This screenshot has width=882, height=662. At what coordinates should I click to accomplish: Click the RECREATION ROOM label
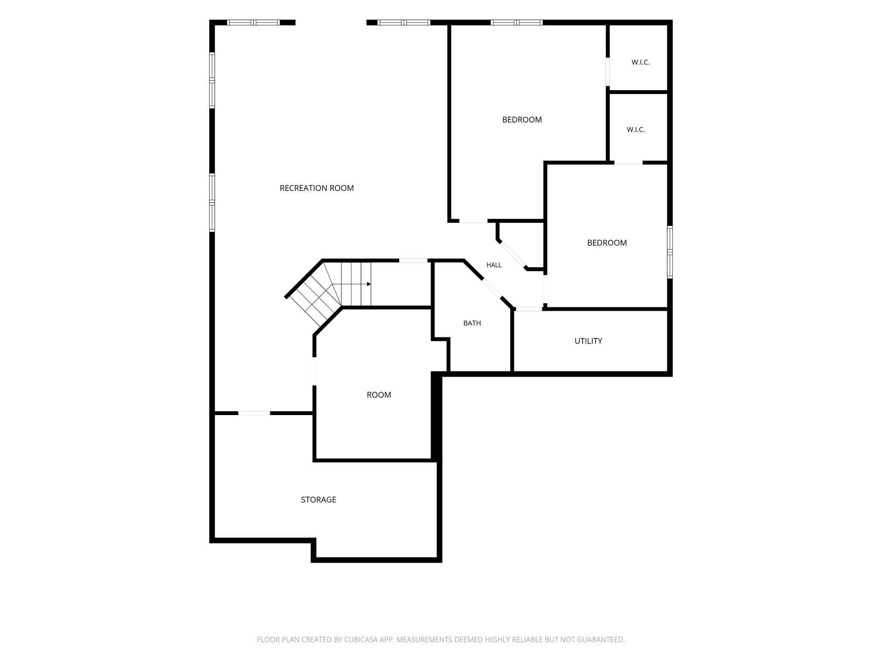tap(317, 188)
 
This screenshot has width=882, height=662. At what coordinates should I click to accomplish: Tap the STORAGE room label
tap(318, 500)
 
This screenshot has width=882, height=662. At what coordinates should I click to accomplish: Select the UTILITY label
tap(588, 341)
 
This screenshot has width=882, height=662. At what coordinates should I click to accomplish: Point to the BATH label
tap(472, 323)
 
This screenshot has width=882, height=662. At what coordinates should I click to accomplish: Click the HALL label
tap(494, 265)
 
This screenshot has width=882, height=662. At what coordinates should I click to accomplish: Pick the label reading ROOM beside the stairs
tap(379, 395)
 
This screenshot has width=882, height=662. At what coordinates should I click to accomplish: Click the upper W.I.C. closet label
tap(640, 62)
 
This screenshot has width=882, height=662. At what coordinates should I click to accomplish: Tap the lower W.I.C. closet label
tap(636, 129)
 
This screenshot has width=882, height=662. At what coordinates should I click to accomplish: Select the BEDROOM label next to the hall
tap(607, 243)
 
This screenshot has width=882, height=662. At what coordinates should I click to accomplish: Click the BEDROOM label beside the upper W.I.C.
tap(522, 119)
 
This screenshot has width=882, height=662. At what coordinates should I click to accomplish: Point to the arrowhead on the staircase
tap(369, 284)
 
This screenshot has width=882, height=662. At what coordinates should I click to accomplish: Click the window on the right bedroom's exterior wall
tap(670, 252)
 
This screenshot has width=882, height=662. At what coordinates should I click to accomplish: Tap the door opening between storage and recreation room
tap(254, 413)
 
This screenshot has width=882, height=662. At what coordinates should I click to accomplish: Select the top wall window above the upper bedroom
tap(516, 22)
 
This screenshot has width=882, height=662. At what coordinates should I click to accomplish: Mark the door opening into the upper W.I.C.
tap(608, 72)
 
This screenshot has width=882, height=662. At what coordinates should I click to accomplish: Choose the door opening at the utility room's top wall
tap(529, 309)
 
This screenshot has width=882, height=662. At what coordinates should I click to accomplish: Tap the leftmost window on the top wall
tap(253, 22)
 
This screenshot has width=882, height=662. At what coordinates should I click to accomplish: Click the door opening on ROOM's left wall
tap(314, 371)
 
